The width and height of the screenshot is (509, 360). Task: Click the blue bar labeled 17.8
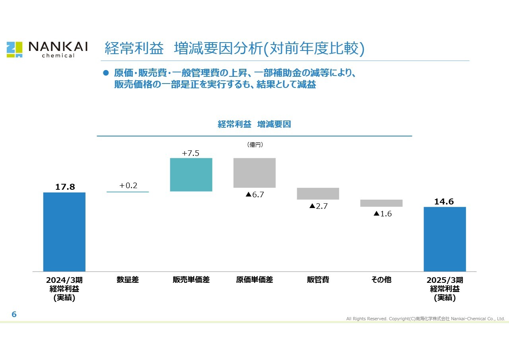pyautogui.click(x=64, y=232)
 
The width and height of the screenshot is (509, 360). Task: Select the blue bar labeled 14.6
pyautogui.click(x=445, y=239)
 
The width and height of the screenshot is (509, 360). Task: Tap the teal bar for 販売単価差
pyautogui.click(x=191, y=175)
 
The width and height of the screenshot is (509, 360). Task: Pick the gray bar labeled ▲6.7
pyautogui.click(x=254, y=173)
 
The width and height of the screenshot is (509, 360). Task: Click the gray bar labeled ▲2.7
pyautogui.click(x=318, y=194)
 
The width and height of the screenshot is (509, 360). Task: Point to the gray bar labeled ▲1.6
pyautogui.click(x=381, y=203)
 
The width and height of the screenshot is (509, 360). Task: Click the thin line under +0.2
pyautogui.click(x=128, y=192)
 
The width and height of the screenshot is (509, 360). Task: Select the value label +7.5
pyautogui.click(x=190, y=153)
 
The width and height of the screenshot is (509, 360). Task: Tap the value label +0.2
pyautogui.click(x=128, y=185)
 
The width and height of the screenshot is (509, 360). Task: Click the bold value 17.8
pyautogui.click(x=65, y=187)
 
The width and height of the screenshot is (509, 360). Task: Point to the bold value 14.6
pyautogui.click(x=444, y=202)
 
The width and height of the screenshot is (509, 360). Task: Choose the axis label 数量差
pyautogui.click(x=128, y=280)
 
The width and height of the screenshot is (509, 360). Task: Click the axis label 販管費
pyautogui.click(x=318, y=280)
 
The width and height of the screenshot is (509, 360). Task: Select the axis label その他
pyautogui.click(x=381, y=280)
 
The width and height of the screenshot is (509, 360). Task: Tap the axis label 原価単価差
pyautogui.click(x=254, y=280)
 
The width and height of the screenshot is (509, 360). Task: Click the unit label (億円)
pyautogui.click(x=255, y=144)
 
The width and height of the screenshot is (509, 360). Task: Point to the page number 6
pyautogui.click(x=14, y=314)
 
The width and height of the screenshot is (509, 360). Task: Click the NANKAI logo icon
pyautogui.click(x=15, y=50)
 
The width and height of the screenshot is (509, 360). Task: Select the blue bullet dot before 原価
pyautogui.click(x=106, y=73)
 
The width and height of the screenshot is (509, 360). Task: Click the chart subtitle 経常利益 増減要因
pyautogui.click(x=254, y=125)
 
